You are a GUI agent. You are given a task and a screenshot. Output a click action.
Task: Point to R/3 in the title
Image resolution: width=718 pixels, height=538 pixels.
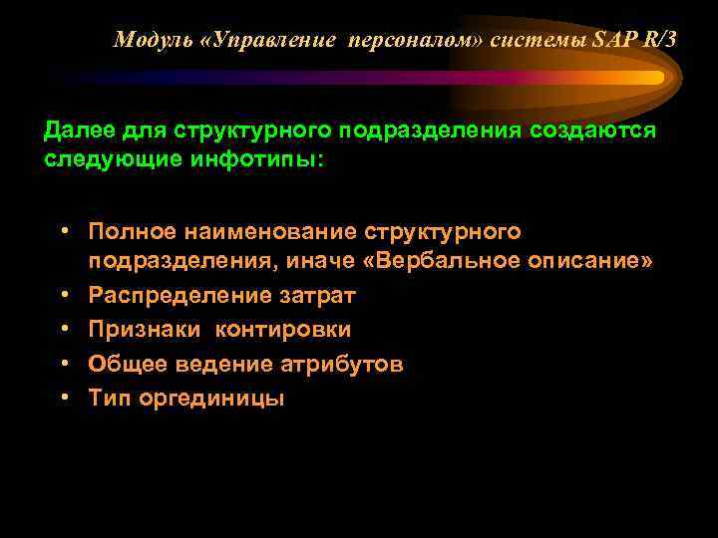(658, 40)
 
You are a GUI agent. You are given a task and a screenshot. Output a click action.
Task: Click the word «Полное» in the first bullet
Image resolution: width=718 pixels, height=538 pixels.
(127, 231)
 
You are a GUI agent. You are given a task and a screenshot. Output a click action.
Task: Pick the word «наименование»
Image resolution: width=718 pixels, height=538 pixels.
(266, 231)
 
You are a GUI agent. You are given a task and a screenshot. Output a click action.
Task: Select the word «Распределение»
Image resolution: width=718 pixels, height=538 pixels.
(174, 295)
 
